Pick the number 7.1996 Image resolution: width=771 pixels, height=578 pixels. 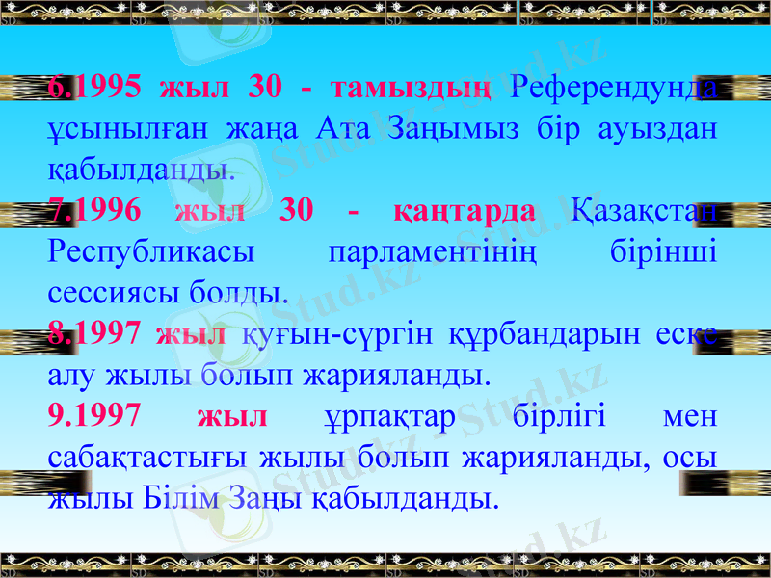[x=93, y=210]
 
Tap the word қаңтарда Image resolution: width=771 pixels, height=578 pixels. [x=465, y=210]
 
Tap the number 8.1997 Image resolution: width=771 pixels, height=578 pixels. [x=93, y=334]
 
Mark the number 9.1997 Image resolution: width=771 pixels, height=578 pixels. [x=93, y=416]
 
